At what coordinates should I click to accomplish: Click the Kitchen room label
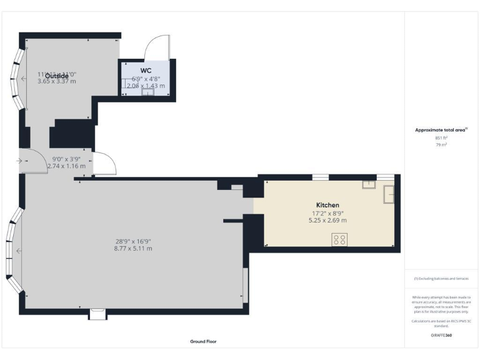pos(327,205)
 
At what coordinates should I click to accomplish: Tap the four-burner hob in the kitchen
pos(340,239)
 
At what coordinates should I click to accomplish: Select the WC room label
pos(146,70)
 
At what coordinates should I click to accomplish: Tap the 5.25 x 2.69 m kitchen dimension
pos(327,220)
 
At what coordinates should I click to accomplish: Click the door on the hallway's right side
pos(104,163)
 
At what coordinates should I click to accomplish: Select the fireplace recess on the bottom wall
pos(97,314)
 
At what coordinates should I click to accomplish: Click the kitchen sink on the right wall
pos(389,194)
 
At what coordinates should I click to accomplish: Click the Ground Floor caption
pos(203,342)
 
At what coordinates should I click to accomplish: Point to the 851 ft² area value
pos(441,137)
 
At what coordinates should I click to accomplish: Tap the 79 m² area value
pos(441,144)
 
